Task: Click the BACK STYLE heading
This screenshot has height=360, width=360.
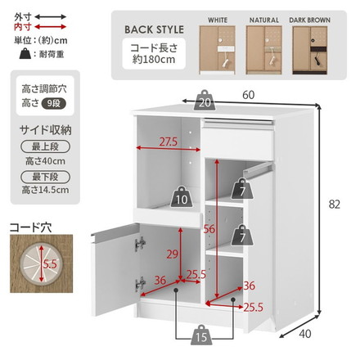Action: (155, 30)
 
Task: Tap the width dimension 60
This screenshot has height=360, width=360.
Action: (248, 95)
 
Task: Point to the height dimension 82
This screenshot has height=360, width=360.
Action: (333, 205)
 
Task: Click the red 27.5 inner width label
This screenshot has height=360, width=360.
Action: (168, 142)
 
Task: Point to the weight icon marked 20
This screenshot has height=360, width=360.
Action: (205, 101)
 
